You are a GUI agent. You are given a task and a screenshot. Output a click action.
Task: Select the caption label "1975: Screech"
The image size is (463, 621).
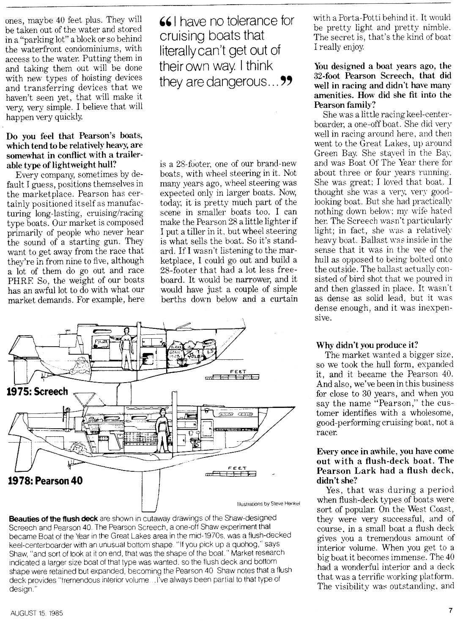click(x=38, y=391)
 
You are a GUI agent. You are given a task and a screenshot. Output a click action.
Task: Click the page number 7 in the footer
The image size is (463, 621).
click(x=451, y=610)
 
